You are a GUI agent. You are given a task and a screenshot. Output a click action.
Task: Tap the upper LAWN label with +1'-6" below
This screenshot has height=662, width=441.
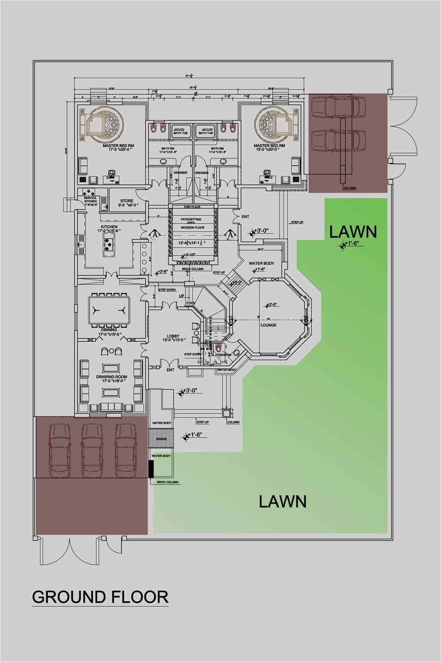click(353, 232)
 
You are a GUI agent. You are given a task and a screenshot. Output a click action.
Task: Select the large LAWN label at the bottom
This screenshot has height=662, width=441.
click(282, 501)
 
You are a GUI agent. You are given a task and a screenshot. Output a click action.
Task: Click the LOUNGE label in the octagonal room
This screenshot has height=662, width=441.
click(268, 325)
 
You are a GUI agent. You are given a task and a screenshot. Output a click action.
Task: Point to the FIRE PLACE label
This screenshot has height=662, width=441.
click(193, 207)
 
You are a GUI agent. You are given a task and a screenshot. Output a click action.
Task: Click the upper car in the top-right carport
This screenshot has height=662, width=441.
click(338, 107)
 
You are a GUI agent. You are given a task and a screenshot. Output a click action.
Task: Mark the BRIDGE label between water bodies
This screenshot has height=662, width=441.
click(161, 439)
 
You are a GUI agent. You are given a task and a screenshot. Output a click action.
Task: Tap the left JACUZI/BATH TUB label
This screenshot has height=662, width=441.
click(179, 131)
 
